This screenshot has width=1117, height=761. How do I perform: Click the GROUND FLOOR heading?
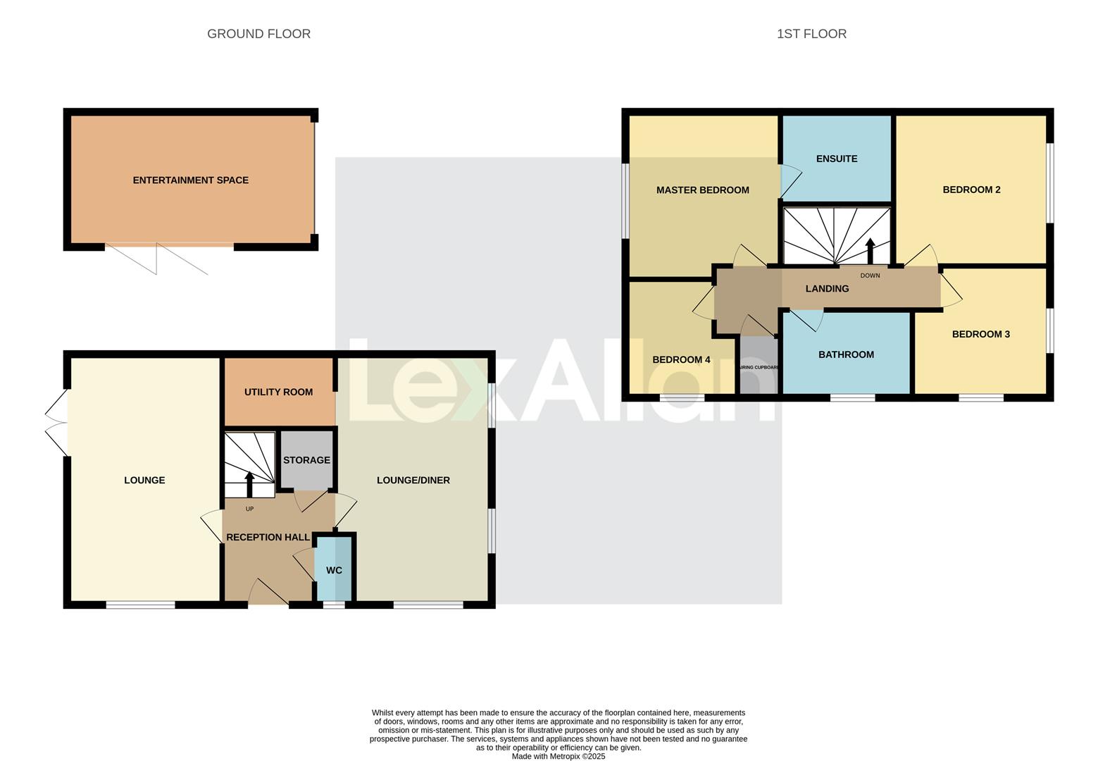(x=258, y=34)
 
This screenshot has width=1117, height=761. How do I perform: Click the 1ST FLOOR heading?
(x=811, y=34)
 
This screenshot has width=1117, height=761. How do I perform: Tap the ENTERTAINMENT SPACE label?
(x=191, y=180)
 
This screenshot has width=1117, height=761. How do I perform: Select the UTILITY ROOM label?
(x=278, y=392)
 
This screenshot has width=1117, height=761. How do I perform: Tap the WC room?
(x=334, y=569)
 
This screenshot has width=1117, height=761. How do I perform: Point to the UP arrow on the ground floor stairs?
(x=249, y=485)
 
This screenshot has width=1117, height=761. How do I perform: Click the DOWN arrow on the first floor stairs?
(x=870, y=251)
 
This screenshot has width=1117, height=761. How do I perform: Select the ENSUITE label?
(x=837, y=159)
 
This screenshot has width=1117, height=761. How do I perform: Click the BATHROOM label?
(x=846, y=354)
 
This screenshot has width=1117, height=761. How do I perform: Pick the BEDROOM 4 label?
(x=681, y=359)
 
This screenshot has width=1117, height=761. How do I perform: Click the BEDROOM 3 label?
(x=980, y=334)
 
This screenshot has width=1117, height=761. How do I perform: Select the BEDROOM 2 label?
(x=971, y=190)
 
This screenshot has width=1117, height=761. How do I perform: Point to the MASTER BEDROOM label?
(x=702, y=190)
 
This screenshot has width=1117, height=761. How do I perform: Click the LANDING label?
(x=827, y=289)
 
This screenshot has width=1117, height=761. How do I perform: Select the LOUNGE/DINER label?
(x=413, y=481)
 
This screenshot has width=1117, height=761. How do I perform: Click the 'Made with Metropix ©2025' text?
(x=558, y=756)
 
